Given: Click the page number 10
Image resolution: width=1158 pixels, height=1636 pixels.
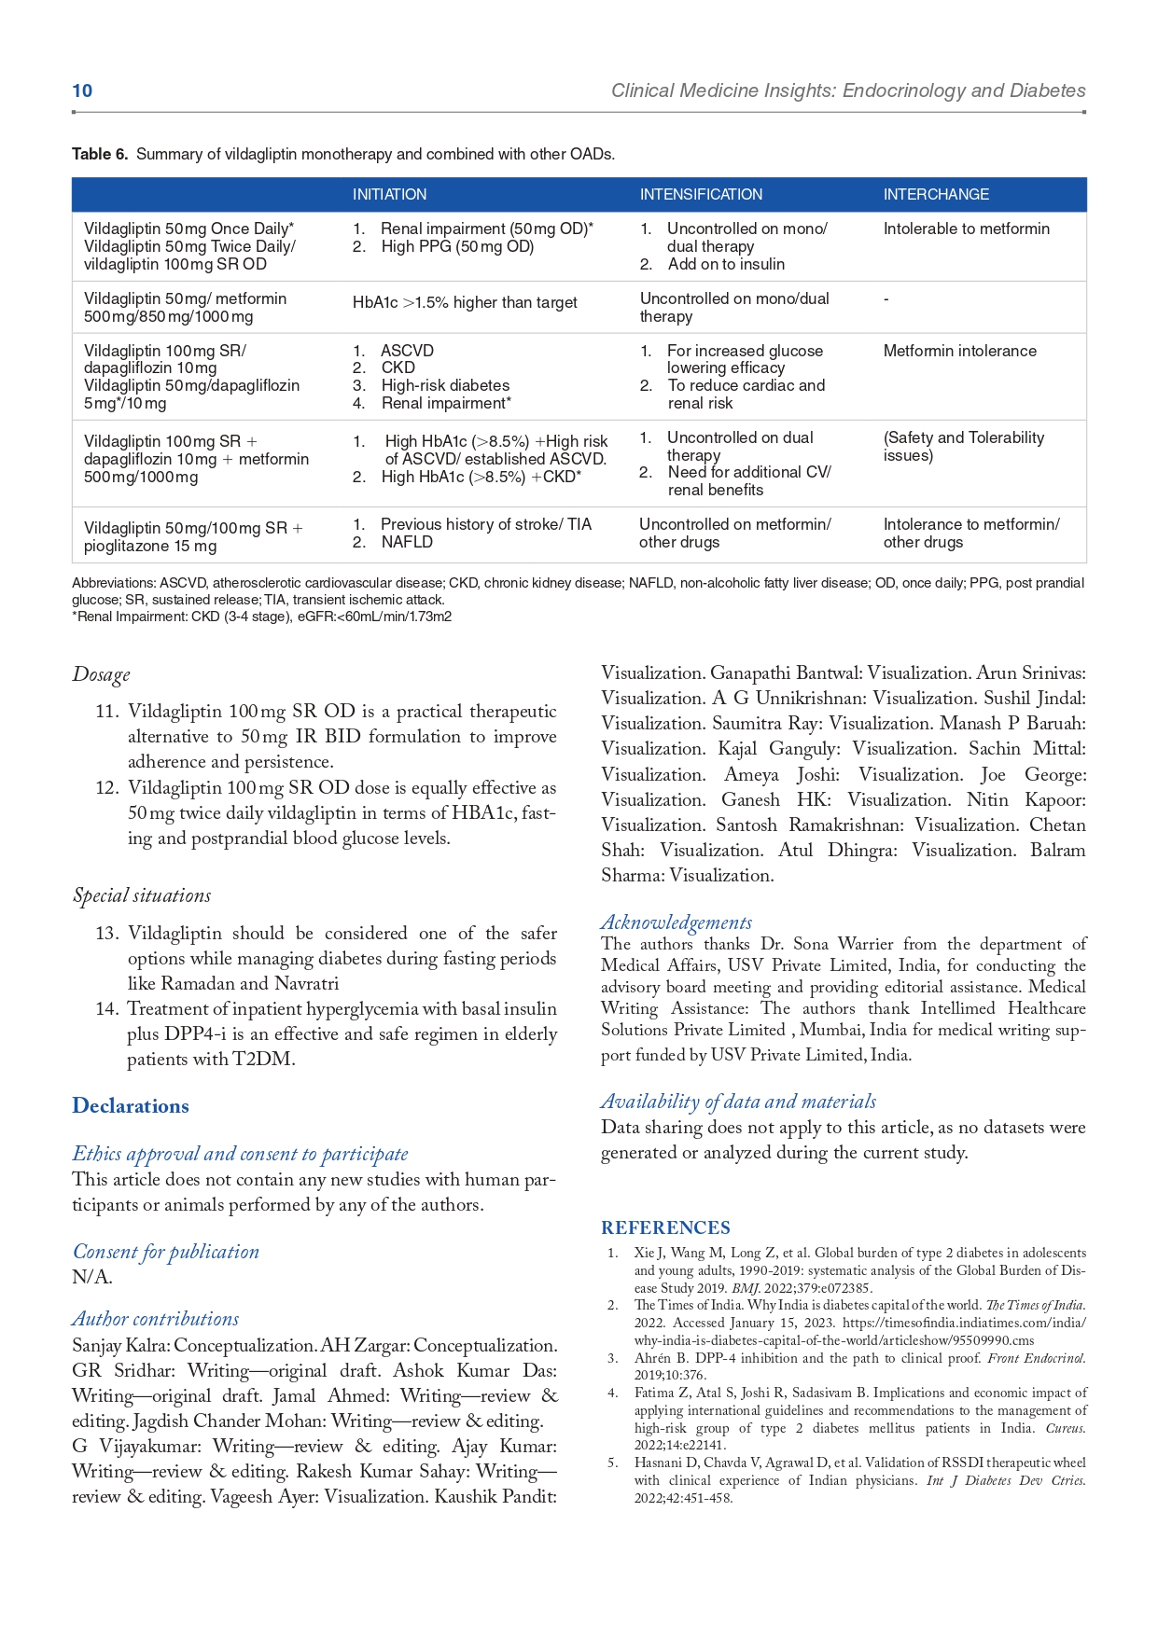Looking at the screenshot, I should (x=82, y=90).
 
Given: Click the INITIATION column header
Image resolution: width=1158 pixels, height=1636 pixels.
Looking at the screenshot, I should (x=389, y=194).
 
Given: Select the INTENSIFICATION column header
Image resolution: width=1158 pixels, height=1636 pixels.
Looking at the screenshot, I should (x=701, y=194).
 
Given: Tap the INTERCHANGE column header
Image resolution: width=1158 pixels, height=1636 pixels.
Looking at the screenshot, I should (x=936, y=194).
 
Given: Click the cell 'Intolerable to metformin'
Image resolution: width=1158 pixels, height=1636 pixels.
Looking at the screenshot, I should (x=966, y=229).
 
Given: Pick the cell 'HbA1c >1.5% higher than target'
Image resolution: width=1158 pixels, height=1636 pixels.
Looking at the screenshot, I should (x=465, y=302).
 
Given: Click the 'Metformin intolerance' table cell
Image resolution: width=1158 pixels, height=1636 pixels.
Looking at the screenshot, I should (x=959, y=351).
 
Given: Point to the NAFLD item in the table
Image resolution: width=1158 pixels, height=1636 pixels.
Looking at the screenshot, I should (x=407, y=542).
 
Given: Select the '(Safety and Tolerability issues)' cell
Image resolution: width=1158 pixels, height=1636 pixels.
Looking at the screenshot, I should (x=963, y=446).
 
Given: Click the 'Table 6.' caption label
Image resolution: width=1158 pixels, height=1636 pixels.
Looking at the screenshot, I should (x=100, y=154).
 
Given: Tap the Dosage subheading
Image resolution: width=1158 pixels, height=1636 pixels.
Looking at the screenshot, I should (x=101, y=673).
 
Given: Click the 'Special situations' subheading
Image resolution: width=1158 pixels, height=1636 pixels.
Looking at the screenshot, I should (x=142, y=895).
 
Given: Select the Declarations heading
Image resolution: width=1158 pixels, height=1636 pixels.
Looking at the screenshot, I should (x=131, y=1105).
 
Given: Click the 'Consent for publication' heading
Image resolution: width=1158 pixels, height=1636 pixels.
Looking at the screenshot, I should (x=166, y=1252).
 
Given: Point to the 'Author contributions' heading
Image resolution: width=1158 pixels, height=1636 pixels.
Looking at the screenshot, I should (x=156, y=1319).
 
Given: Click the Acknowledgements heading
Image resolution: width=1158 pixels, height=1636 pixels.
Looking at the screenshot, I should (x=677, y=922).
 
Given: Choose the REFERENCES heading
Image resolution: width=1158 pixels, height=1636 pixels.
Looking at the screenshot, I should (x=665, y=1227).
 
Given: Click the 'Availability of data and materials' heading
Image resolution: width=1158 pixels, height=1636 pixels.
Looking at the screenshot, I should (x=738, y=1102).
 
